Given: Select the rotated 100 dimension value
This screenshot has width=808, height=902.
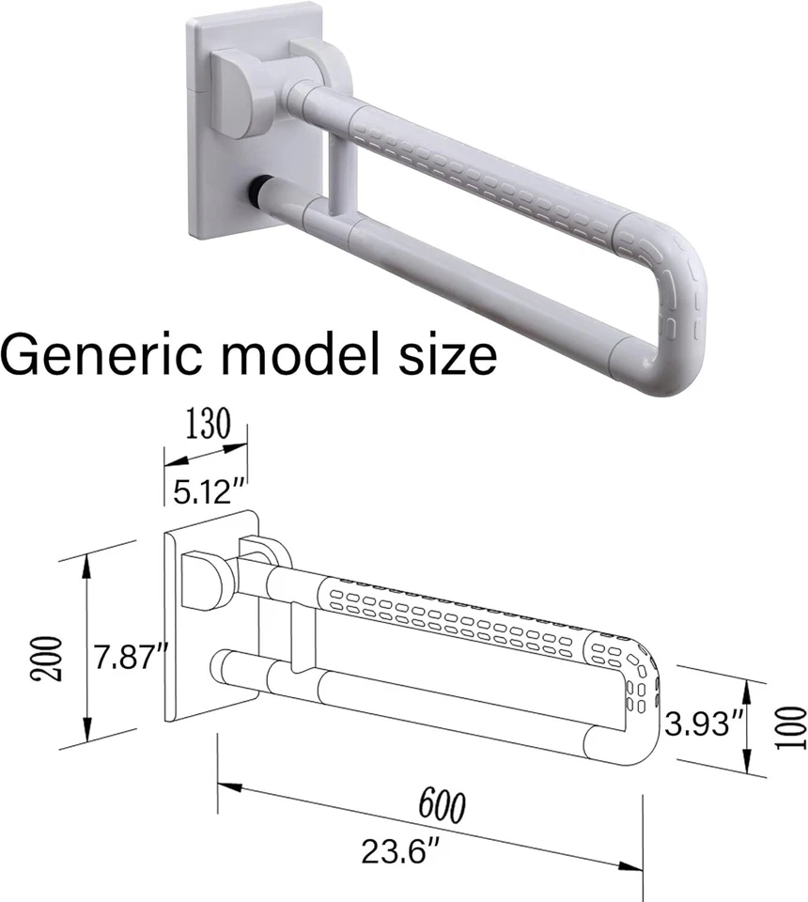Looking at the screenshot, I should tap(792, 729).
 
